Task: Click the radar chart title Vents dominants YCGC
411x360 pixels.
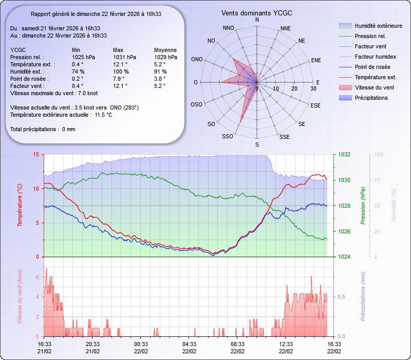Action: coord(257,13)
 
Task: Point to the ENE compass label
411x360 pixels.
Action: coord(316,60)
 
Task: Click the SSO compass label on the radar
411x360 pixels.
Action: coord(227,136)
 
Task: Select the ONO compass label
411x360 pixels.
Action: coord(197,60)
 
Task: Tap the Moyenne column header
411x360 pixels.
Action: coord(165,50)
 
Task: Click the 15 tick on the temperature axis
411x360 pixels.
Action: coord(35,155)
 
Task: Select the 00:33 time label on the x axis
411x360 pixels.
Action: coord(141,344)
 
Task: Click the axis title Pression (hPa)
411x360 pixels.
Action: coord(363,206)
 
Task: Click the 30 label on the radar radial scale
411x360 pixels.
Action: coord(313,89)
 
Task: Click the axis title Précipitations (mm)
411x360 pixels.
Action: coord(363,296)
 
